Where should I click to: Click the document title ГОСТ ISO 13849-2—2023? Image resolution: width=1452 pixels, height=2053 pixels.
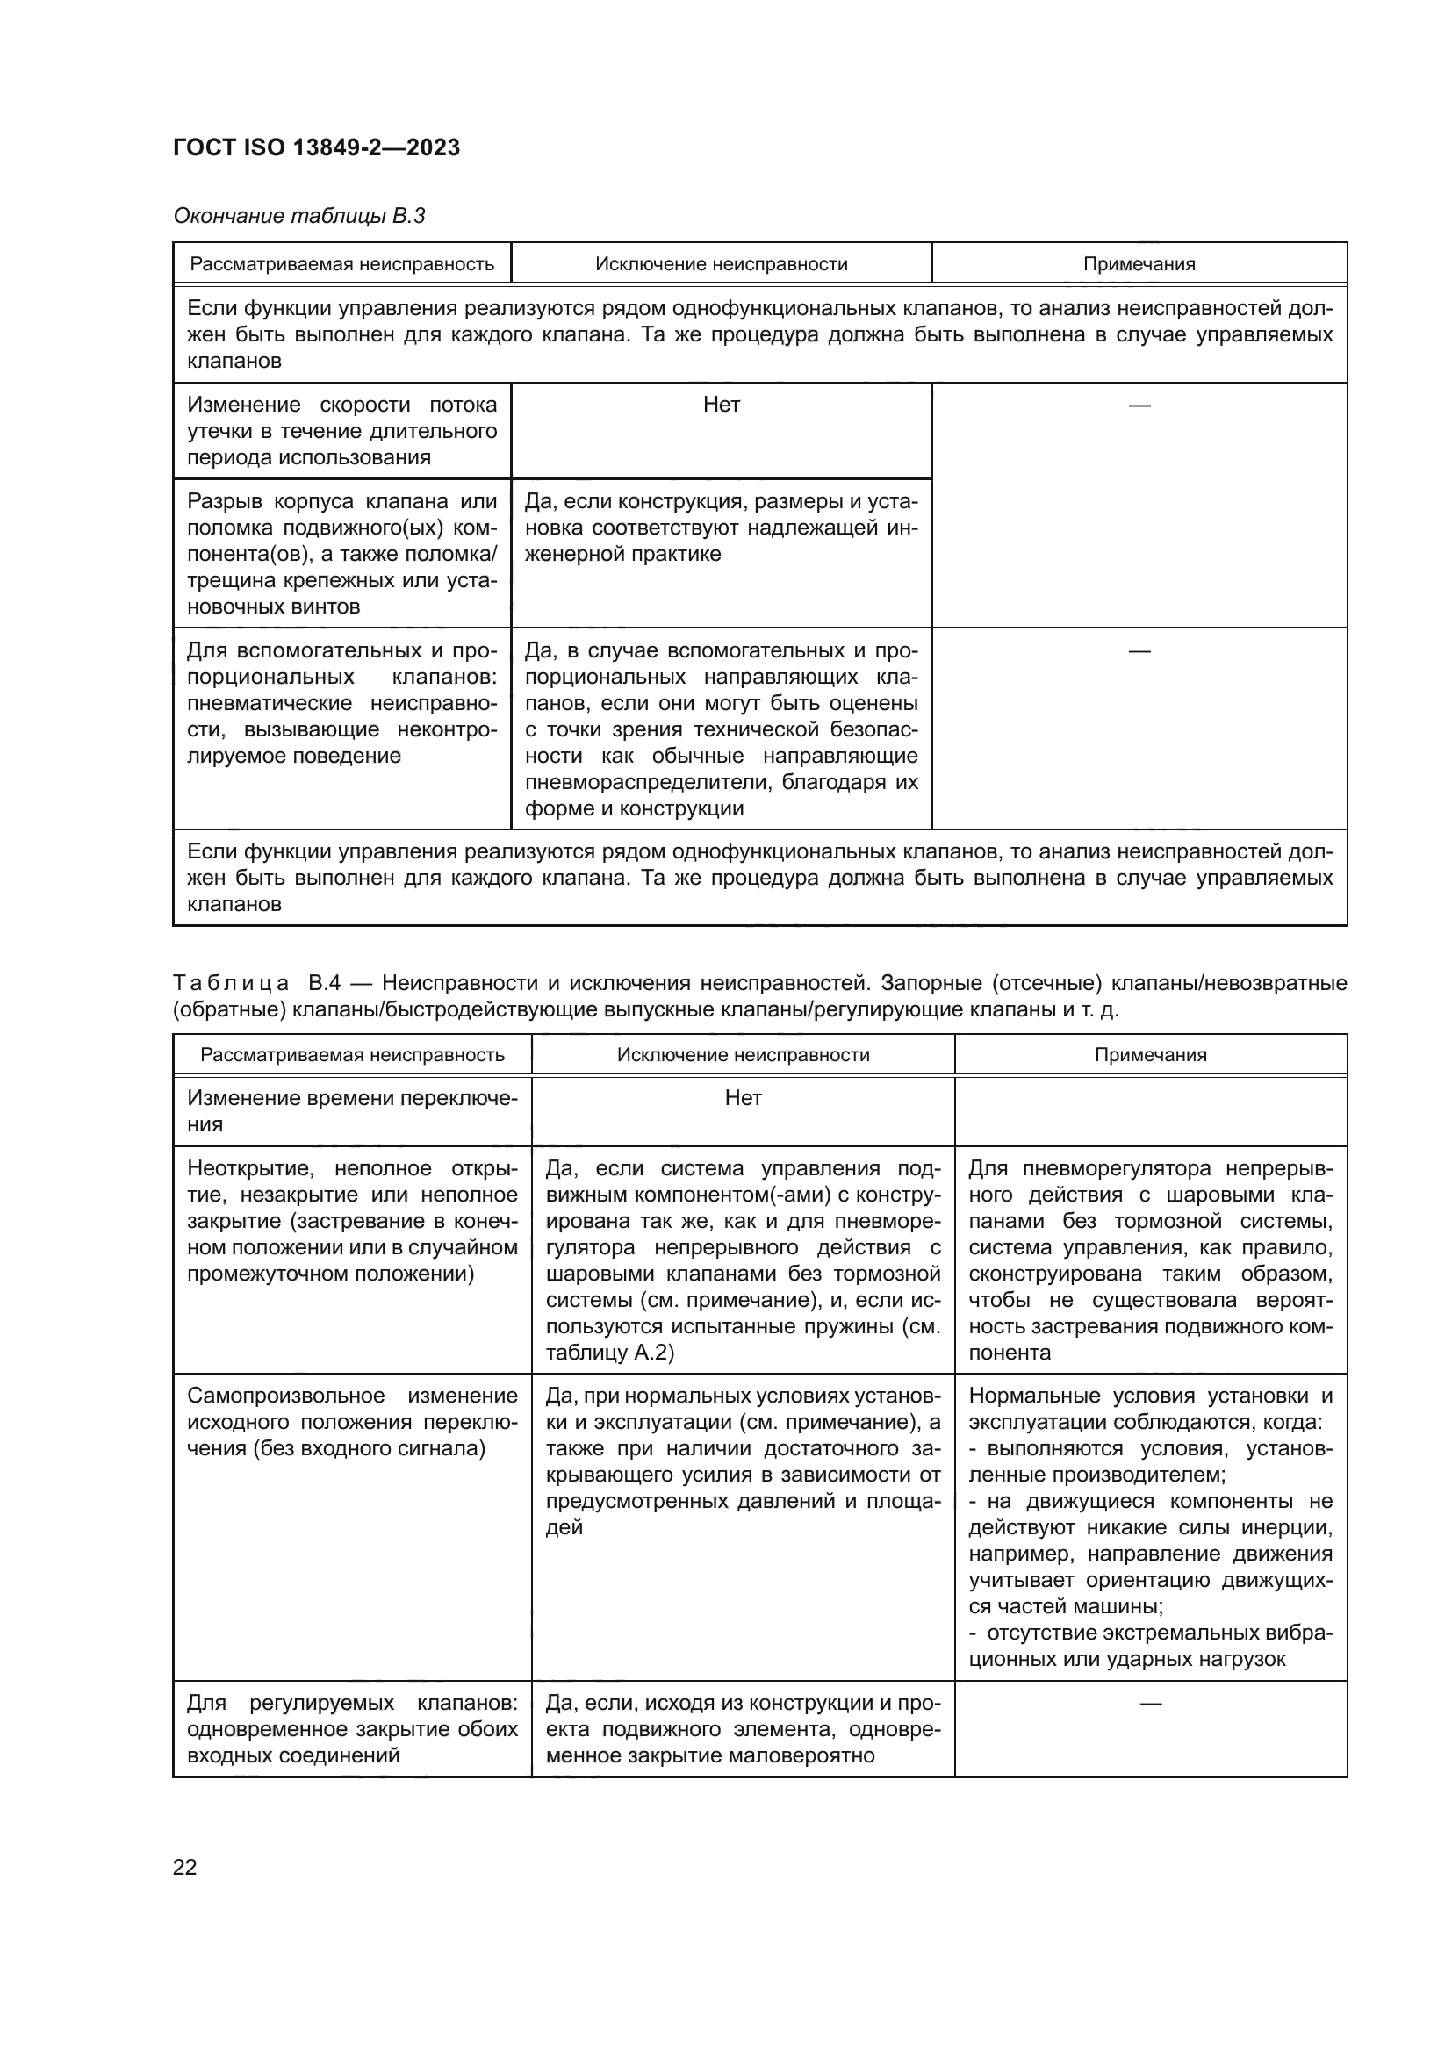point(317,147)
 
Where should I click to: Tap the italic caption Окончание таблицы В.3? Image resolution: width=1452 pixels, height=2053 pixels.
point(298,216)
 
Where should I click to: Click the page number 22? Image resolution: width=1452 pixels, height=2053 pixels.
point(185,1867)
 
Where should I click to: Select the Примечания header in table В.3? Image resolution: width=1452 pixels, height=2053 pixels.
point(1139,264)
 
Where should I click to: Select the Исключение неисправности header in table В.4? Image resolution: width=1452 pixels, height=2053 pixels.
point(742,1054)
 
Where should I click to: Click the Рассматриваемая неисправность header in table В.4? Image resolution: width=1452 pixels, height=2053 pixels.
point(352,1054)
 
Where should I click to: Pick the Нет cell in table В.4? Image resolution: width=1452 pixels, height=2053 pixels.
point(742,1097)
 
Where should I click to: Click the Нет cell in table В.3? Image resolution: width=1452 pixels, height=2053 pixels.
point(721,404)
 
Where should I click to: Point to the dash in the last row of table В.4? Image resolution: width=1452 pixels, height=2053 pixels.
point(1150,1704)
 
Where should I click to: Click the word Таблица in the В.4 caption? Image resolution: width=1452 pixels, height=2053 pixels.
point(231,984)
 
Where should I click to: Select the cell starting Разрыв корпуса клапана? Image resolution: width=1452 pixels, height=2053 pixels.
point(341,554)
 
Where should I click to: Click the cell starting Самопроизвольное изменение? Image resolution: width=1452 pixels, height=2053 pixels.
point(352,1422)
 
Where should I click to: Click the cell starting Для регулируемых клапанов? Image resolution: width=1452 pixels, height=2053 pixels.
point(352,1728)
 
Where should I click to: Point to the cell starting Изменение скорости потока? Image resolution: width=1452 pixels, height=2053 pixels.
point(341,430)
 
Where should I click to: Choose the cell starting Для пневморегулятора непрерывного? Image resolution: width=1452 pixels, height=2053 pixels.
point(1150,1260)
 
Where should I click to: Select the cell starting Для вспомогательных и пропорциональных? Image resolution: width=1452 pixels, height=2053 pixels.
point(341,702)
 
